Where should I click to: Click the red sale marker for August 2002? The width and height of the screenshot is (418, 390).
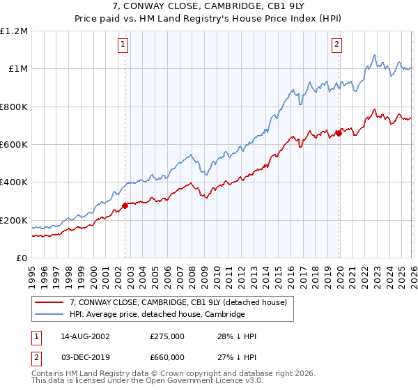coord(125,205)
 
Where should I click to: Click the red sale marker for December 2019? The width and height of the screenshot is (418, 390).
coord(339,132)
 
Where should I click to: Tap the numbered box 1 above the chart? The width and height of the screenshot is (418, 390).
coord(123,45)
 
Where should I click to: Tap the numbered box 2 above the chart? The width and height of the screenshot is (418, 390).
coord(336,45)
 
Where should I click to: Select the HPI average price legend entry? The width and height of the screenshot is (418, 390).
coord(157,315)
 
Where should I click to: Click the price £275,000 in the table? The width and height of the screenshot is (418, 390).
coord(167,336)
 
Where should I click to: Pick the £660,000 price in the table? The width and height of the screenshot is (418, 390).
coord(167,357)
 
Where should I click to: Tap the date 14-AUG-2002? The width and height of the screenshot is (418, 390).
coord(85,336)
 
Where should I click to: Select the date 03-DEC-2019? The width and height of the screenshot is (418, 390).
coord(85,357)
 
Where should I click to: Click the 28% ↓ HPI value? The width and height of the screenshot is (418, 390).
coord(237,336)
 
